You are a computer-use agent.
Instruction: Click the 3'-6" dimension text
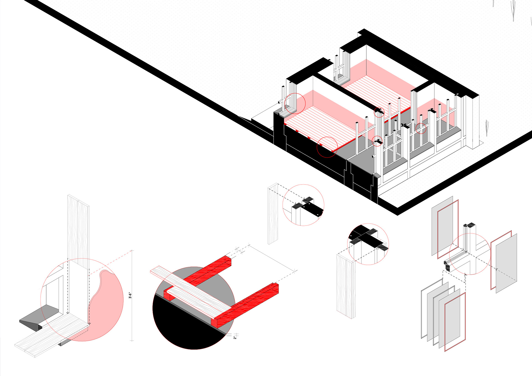click(x=130, y=295)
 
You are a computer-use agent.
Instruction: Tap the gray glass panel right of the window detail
click(x=507, y=263)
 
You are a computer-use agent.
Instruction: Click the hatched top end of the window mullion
click(x=470, y=225)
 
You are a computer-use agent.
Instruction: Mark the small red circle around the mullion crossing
click(x=421, y=128)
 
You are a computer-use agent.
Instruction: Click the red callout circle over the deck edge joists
click(x=327, y=147)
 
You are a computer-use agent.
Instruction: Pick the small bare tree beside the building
click(x=487, y=128)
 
